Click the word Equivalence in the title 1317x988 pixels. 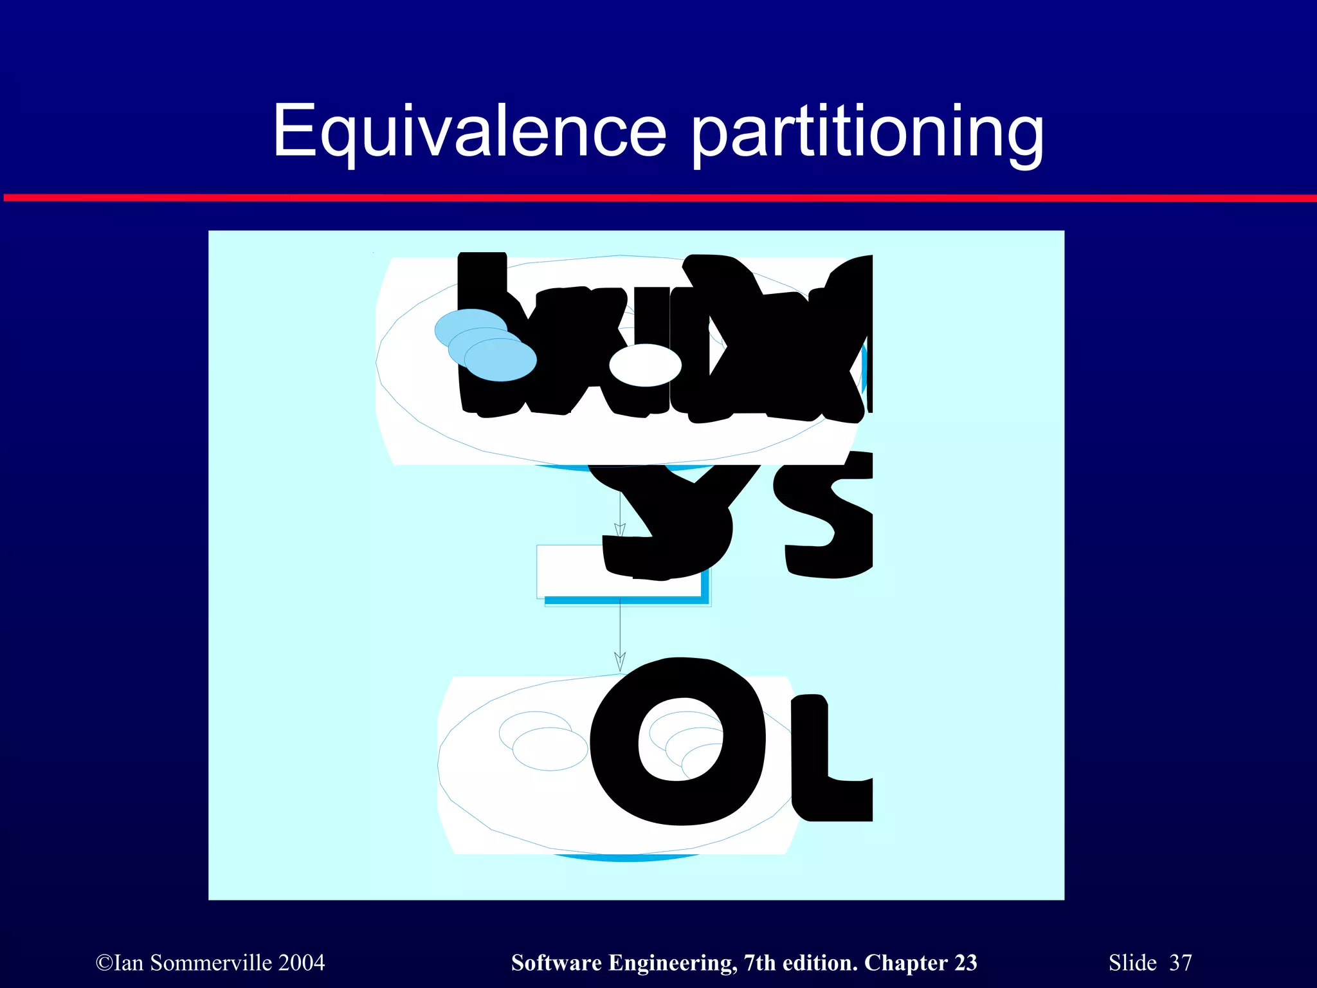[x=470, y=132]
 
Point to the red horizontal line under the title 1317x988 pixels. [x=658, y=197]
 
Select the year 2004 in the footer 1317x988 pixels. [x=302, y=963]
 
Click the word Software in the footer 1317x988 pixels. [x=557, y=963]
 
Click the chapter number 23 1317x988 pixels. [x=965, y=963]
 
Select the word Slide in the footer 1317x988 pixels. [x=1132, y=963]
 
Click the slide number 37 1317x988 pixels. [x=1181, y=963]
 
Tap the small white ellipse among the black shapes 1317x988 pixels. [x=645, y=365]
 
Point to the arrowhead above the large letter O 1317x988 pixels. [x=620, y=661]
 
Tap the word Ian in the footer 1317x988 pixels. [x=129, y=963]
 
